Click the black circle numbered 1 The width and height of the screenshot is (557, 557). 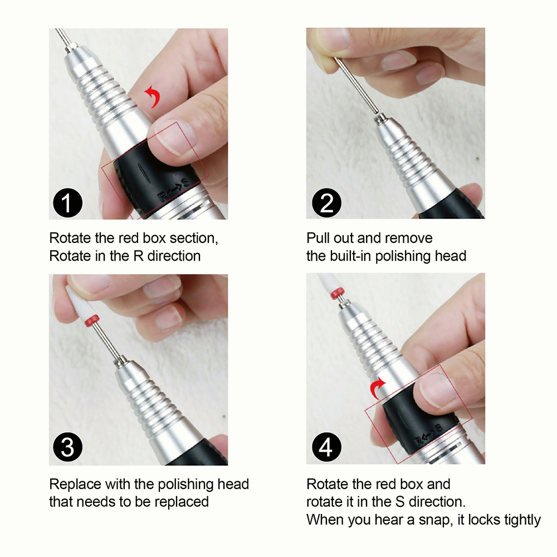click(67, 203)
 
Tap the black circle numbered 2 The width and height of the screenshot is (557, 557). click(326, 203)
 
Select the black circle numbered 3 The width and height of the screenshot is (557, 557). click(67, 447)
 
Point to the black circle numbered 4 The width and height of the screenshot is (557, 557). click(326, 447)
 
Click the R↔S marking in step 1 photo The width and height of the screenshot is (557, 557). click(173, 190)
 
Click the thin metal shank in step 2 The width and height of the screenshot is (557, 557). click(356, 85)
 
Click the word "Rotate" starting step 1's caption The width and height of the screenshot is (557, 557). click(70, 238)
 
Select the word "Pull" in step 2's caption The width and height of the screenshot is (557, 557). click(318, 238)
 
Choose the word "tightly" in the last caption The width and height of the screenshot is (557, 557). click(522, 520)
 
